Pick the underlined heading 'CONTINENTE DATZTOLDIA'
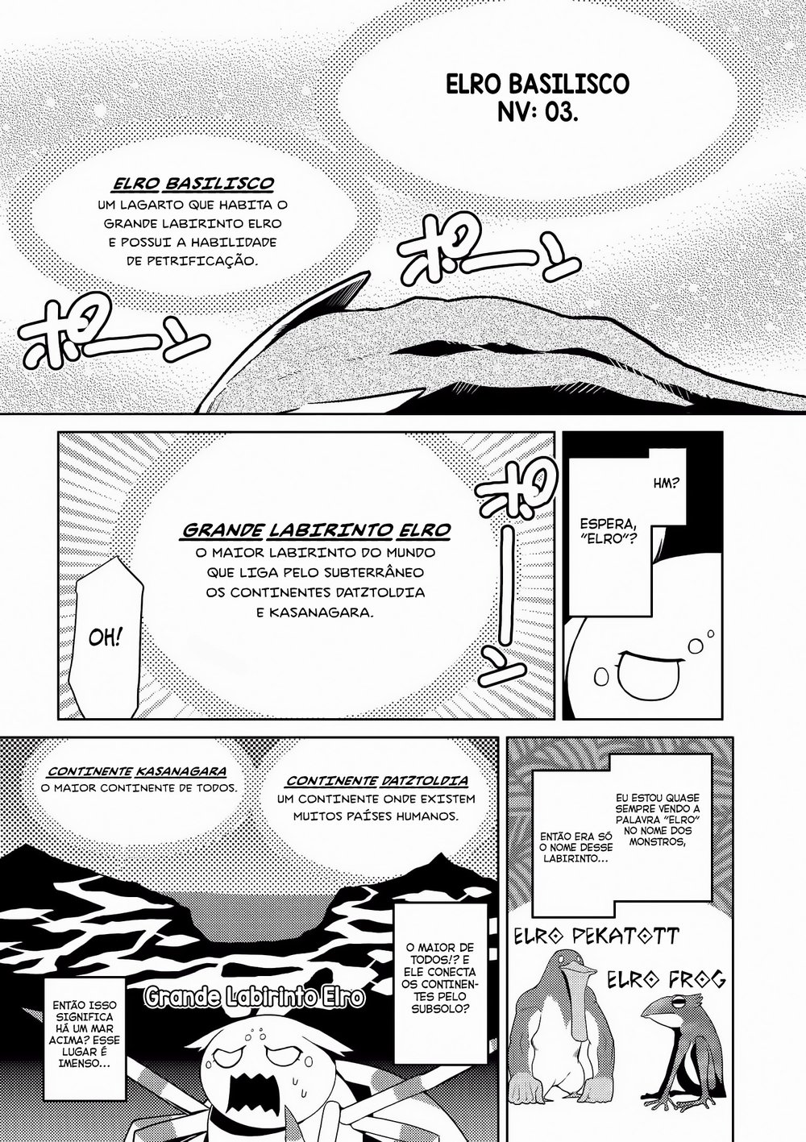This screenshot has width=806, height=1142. [376, 782]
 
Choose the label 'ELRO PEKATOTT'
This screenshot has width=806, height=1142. [596, 937]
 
